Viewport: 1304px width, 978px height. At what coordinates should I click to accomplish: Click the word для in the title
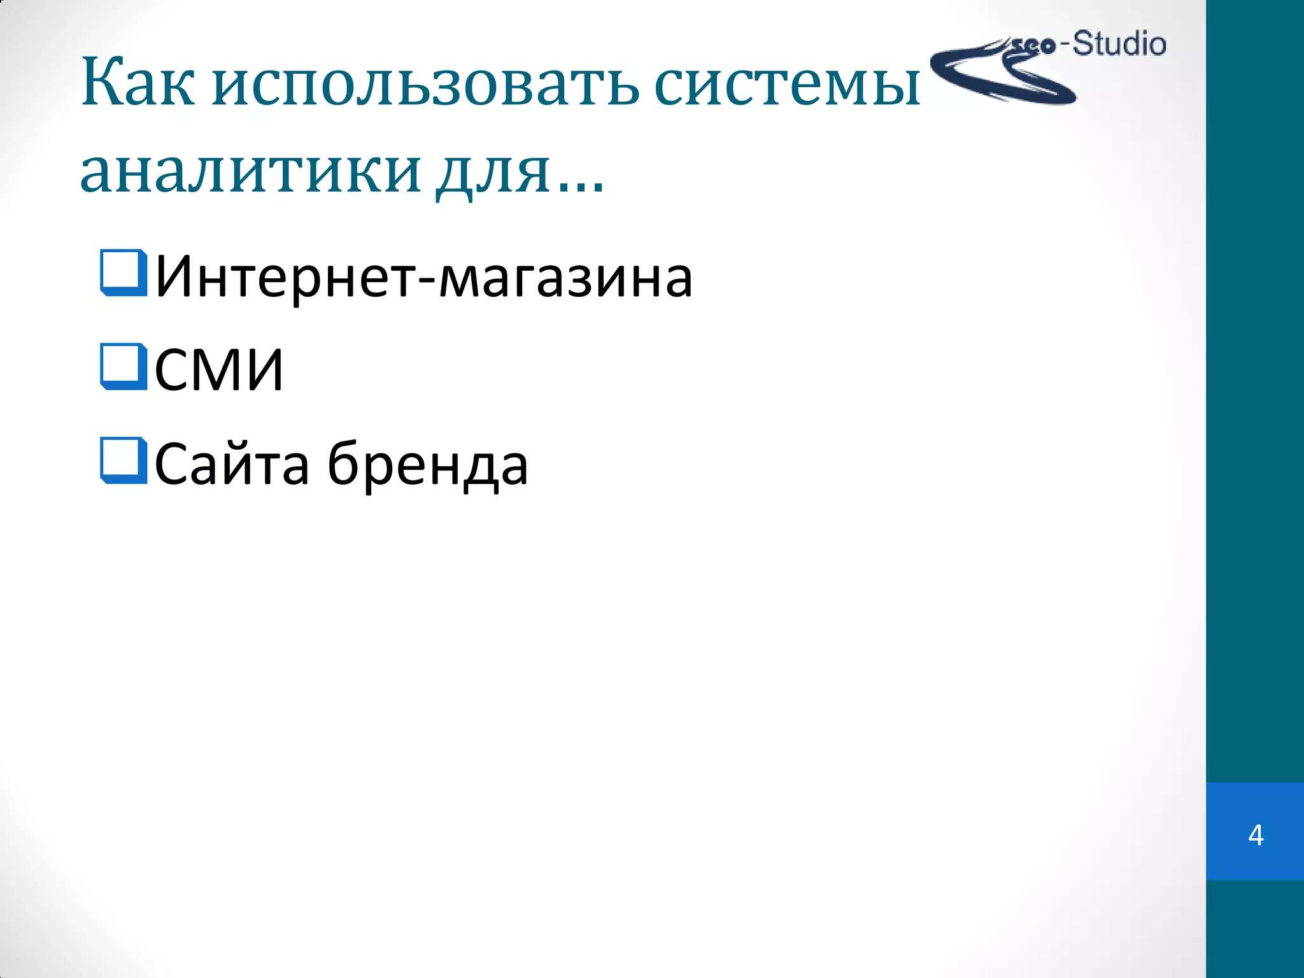click(493, 172)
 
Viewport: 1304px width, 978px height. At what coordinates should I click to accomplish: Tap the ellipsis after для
click(581, 185)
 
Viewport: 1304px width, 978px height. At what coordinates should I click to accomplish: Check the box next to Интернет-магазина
click(124, 273)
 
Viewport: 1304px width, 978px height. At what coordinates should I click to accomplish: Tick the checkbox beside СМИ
click(124, 366)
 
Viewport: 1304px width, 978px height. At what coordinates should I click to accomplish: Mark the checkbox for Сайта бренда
click(124, 460)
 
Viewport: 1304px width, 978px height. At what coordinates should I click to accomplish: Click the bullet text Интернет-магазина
click(423, 277)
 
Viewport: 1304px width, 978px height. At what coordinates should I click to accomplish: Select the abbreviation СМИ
click(218, 370)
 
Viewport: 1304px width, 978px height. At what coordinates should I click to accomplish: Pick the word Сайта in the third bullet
click(232, 464)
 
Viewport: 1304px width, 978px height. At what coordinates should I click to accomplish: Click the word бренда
click(427, 464)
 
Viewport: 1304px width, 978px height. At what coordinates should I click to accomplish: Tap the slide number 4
click(1256, 835)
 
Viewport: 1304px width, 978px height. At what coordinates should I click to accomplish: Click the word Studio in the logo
click(1119, 45)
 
